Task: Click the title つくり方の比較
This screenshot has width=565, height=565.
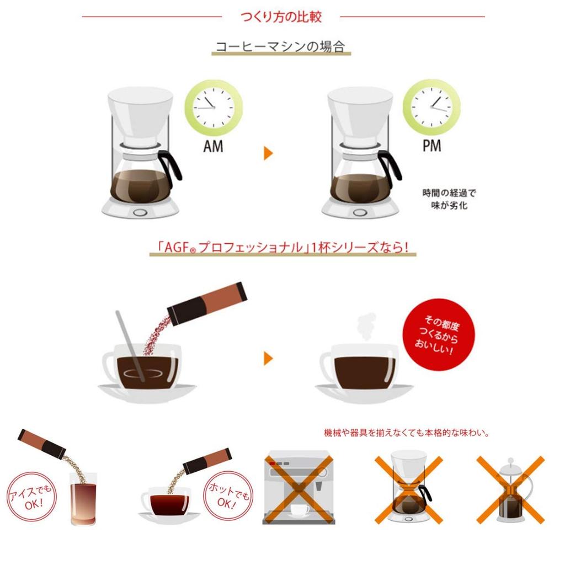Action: pyautogui.click(x=281, y=17)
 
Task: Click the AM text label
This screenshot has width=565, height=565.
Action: pyautogui.click(x=212, y=147)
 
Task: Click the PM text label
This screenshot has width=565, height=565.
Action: pyautogui.click(x=431, y=147)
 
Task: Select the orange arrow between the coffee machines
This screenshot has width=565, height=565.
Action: pyautogui.click(x=269, y=153)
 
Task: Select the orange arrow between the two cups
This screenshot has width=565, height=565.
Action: pyautogui.click(x=269, y=359)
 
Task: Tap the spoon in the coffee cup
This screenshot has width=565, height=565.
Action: pyautogui.click(x=130, y=345)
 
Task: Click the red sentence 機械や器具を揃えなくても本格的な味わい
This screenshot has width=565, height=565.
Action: pyautogui.click(x=407, y=433)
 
